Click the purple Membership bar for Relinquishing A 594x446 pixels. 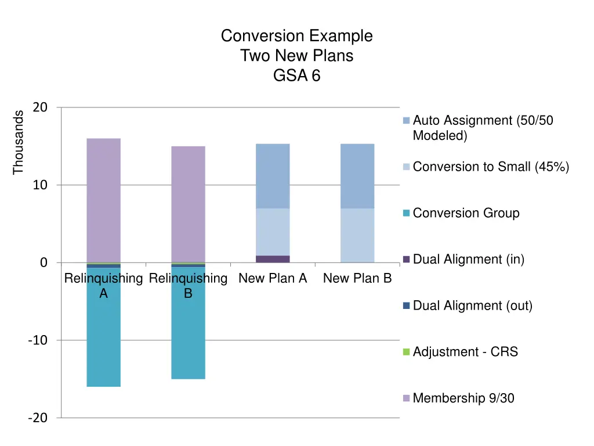pyautogui.click(x=103, y=200)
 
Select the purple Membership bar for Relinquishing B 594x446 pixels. pyautogui.click(x=188, y=204)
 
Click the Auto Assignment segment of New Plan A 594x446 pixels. pyautogui.click(x=273, y=176)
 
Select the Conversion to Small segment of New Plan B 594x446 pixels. pyautogui.click(x=357, y=235)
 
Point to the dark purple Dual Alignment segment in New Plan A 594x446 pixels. pyautogui.click(x=273, y=259)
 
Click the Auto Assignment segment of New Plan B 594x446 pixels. pyautogui.click(x=357, y=176)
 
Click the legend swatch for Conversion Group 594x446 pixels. pyautogui.click(x=406, y=213)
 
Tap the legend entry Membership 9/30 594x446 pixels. pyautogui.click(x=463, y=398)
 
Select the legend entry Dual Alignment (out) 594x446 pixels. pyautogui.click(x=472, y=305)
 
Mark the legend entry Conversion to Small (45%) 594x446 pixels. pyautogui.click(x=491, y=167)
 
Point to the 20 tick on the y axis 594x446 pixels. pyautogui.click(x=41, y=107)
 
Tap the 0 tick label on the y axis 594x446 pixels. pyautogui.click(x=44, y=263)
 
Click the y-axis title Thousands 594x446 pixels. pyautogui.click(x=19, y=142)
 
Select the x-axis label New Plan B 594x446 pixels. pyautogui.click(x=357, y=279)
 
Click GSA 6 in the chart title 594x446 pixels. pyautogui.click(x=296, y=76)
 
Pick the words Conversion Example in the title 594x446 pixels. pyautogui.click(x=296, y=36)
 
